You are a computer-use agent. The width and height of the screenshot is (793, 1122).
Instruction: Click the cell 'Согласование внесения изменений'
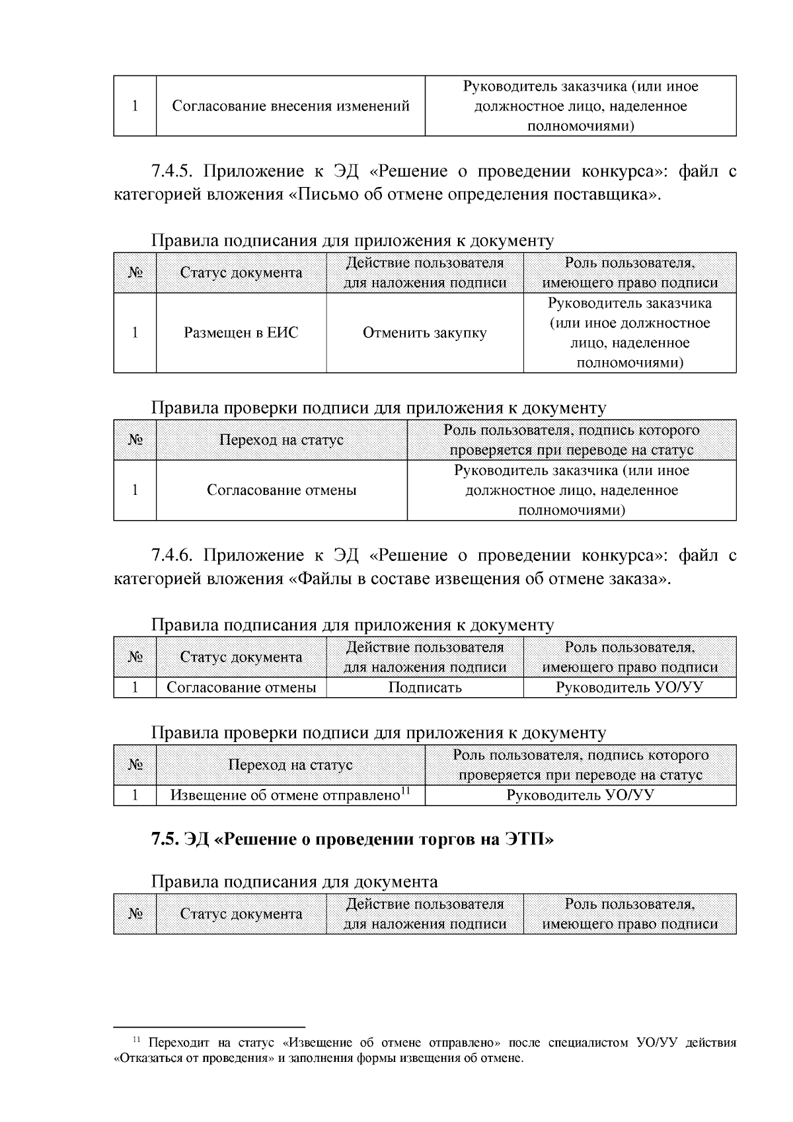291,106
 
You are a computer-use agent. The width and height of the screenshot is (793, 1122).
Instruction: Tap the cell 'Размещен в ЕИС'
241,333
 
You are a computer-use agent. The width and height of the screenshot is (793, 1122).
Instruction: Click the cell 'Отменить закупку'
424,333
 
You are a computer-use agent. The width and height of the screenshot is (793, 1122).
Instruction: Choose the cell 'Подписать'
424,687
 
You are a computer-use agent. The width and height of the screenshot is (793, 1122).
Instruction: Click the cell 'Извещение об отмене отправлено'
285,796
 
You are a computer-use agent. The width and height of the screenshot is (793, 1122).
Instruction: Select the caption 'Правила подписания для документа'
294,881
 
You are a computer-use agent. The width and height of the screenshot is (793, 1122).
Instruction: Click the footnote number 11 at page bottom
137,1041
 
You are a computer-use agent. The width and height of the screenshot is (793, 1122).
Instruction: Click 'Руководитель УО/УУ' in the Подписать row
629,687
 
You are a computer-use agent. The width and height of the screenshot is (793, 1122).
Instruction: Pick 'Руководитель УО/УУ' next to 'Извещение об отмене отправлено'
580,796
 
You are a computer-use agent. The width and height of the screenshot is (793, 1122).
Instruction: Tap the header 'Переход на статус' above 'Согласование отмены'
282,440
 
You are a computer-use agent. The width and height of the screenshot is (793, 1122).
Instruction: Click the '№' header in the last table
135,914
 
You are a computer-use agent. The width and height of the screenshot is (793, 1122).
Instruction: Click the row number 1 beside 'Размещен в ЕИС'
135,333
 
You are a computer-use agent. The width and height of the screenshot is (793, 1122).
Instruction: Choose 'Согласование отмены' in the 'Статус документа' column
241,687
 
